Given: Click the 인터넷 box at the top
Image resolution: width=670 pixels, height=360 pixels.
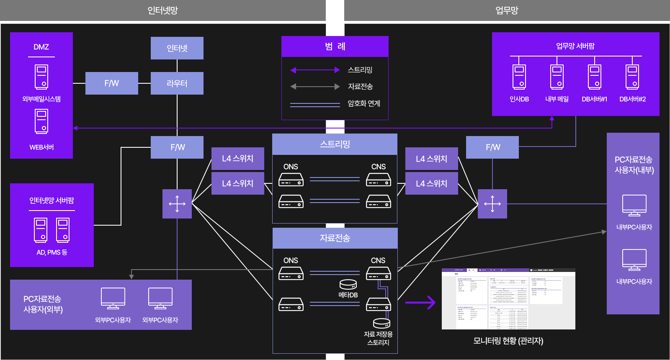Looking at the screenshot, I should pyautogui.click(x=177, y=48).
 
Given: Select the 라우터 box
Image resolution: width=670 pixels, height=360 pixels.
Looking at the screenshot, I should pyautogui.click(x=177, y=83).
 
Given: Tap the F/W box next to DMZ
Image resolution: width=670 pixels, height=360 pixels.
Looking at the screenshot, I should pyautogui.click(x=112, y=83).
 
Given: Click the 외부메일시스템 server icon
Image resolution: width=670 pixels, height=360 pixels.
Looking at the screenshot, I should pyautogui.click(x=41, y=77).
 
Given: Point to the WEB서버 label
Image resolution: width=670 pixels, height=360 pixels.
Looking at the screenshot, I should pyautogui.click(x=41, y=147).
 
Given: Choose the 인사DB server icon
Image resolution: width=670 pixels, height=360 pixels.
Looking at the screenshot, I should pyautogui.click(x=519, y=77).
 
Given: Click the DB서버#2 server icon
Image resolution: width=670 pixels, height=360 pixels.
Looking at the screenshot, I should pyautogui.click(x=632, y=77).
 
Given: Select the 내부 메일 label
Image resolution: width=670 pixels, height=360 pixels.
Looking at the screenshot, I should pyautogui.click(x=557, y=99).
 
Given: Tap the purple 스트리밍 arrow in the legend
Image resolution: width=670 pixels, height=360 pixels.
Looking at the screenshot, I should pyautogui.click(x=315, y=70).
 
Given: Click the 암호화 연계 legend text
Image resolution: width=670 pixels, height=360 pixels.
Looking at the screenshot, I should pyautogui.click(x=364, y=103).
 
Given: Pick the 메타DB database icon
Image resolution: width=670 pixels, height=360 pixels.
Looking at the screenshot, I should pyautogui.click(x=348, y=285).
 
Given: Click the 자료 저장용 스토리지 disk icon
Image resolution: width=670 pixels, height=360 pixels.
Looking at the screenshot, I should pyautogui.click(x=381, y=323).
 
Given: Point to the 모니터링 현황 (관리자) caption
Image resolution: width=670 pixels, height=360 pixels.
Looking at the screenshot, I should pyautogui.click(x=508, y=341).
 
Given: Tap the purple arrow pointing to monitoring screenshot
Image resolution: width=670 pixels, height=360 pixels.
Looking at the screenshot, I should pyautogui.click(x=420, y=302).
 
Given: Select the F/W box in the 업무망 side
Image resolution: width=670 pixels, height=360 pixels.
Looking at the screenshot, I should pyautogui.click(x=492, y=147).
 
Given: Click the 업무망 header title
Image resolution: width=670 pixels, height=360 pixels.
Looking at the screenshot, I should pyautogui.click(x=507, y=10).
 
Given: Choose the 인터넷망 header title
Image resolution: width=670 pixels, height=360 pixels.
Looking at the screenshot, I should pyautogui.click(x=163, y=10).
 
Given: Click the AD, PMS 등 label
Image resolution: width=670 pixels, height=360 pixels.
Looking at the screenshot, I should pyautogui.click(x=52, y=252).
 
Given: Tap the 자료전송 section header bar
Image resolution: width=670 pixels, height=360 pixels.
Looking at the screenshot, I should pyautogui.click(x=335, y=238).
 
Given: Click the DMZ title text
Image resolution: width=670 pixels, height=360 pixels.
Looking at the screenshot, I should pyautogui.click(x=41, y=47).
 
